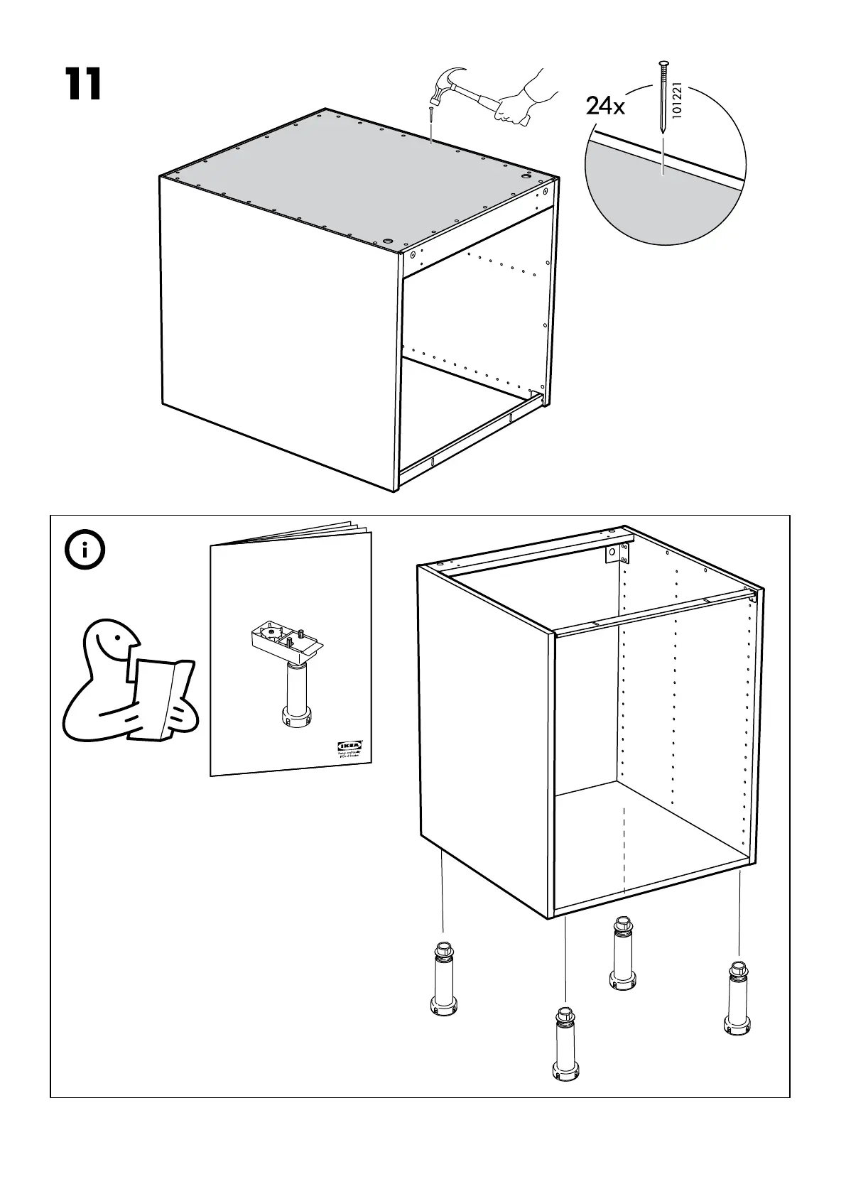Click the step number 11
click(83, 85)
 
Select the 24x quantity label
click(605, 107)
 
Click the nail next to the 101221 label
click(662, 96)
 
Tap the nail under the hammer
click(431, 121)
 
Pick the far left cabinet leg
click(444, 979)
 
